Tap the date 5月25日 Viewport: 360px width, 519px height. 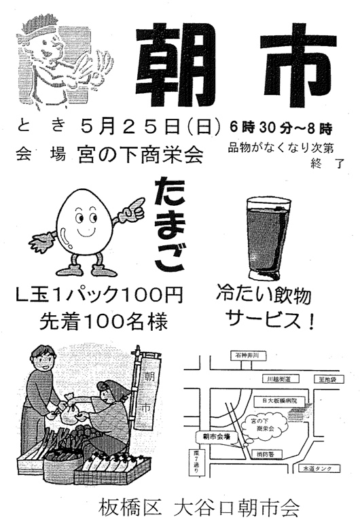[130, 128]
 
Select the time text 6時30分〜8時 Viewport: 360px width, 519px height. [281, 128]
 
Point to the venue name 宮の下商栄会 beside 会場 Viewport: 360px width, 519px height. [141, 155]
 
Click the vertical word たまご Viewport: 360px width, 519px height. [168, 224]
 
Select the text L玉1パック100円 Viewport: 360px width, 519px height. [99, 294]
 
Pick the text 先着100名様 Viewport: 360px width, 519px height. [103, 321]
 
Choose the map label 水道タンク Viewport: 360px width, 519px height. [317, 469]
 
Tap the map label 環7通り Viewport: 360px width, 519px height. [196, 463]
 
